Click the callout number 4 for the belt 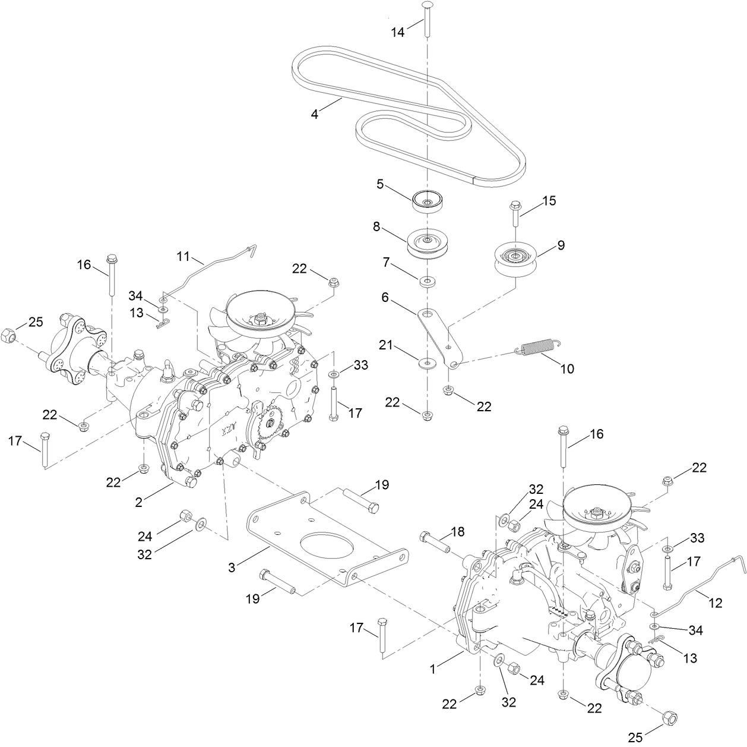point(315,114)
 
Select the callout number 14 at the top point(397,32)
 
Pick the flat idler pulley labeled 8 point(426,242)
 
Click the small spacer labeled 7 point(426,279)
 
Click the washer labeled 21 point(426,362)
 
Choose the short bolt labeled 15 point(514,216)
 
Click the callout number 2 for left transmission point(138,502)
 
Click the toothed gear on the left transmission point(271,423)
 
